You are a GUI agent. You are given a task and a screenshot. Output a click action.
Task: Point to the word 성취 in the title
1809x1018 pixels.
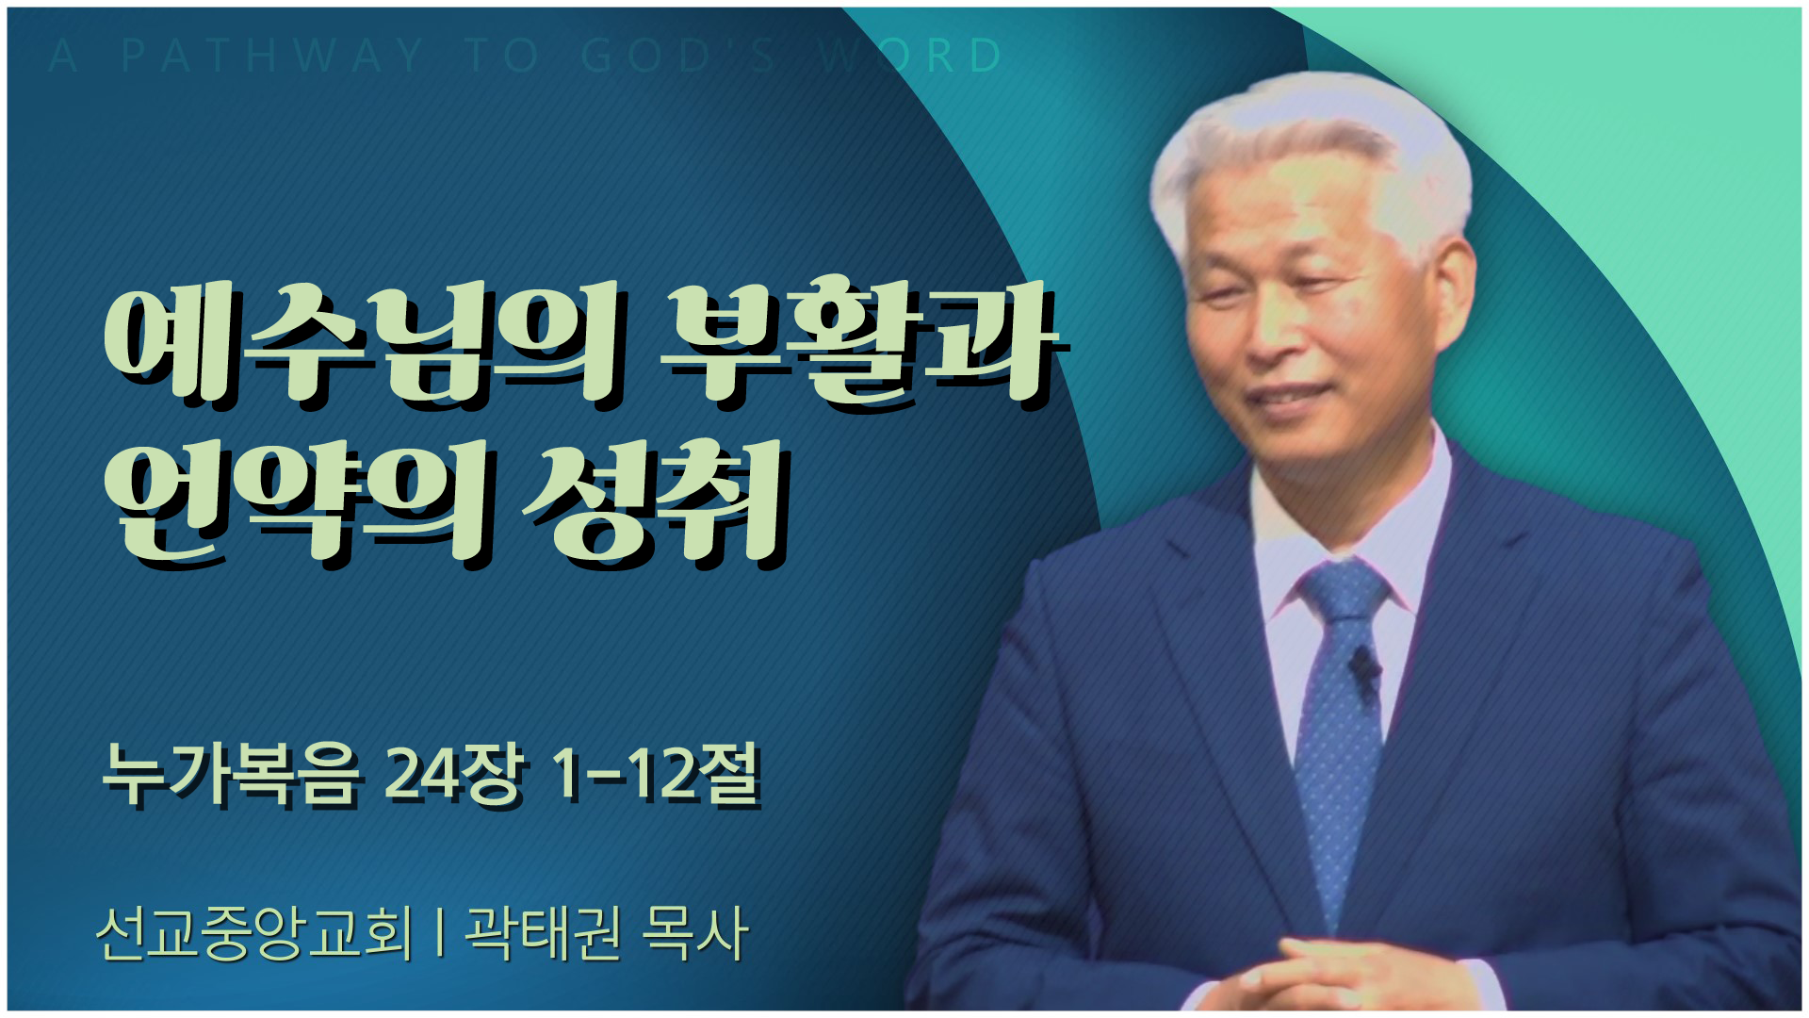tap(654, 503)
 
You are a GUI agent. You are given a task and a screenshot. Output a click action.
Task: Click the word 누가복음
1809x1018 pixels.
tap(232, 776)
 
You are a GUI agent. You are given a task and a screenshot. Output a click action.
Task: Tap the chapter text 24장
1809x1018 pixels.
tap(453, 776)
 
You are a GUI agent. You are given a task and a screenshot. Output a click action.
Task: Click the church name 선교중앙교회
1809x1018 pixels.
tap(254, 933)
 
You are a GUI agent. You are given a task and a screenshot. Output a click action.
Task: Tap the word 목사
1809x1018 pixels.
tap(694, 933)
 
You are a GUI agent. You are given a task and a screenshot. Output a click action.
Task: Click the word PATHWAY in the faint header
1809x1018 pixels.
tap(273, 56)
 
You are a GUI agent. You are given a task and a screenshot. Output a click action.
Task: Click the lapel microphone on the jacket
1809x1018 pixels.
tap(1362, 667)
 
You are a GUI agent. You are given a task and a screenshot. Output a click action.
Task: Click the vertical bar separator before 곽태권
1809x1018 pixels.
tap(440, 933)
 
